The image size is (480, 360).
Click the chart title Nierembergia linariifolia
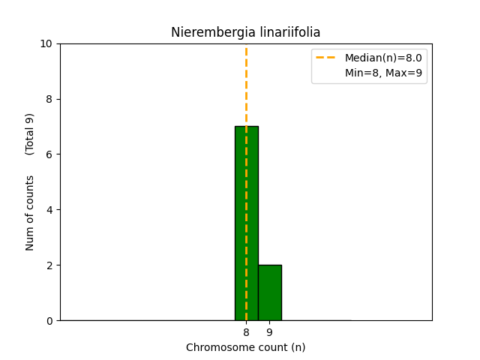[x=245, y=32]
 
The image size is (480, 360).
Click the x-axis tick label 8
[x=246, y=332]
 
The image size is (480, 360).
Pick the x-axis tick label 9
[x=269, y=332]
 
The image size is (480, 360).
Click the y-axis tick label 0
[x=49, y=321]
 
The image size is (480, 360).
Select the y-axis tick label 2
[x=49, y=265]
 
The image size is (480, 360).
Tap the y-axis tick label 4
[x=49, y=210]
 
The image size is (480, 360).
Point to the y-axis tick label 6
[x=49, y=154]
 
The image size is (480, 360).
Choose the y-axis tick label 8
[x=49, y=99]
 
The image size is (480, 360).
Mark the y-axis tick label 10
[x=46, y=43]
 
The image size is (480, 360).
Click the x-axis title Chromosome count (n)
[x=245, y=347]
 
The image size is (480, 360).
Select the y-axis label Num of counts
[x=30, y=213]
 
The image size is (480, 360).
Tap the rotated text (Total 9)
[x=30, y=134]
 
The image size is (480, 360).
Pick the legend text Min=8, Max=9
[x=382, y=73]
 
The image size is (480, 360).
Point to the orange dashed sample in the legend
[x=327, y=58]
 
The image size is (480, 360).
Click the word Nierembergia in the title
[x=205, y=32]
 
